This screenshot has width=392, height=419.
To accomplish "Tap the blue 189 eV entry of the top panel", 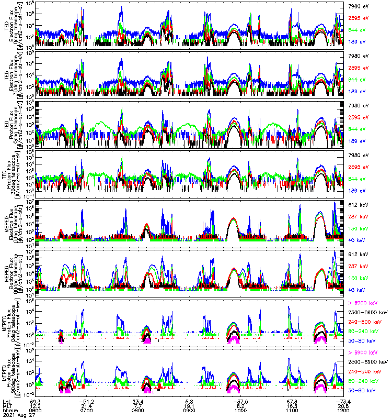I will tap(356, 41).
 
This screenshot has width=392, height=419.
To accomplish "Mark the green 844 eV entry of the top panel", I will tap(356, 30).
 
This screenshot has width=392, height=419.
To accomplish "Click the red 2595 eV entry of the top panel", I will tap(358, 18).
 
